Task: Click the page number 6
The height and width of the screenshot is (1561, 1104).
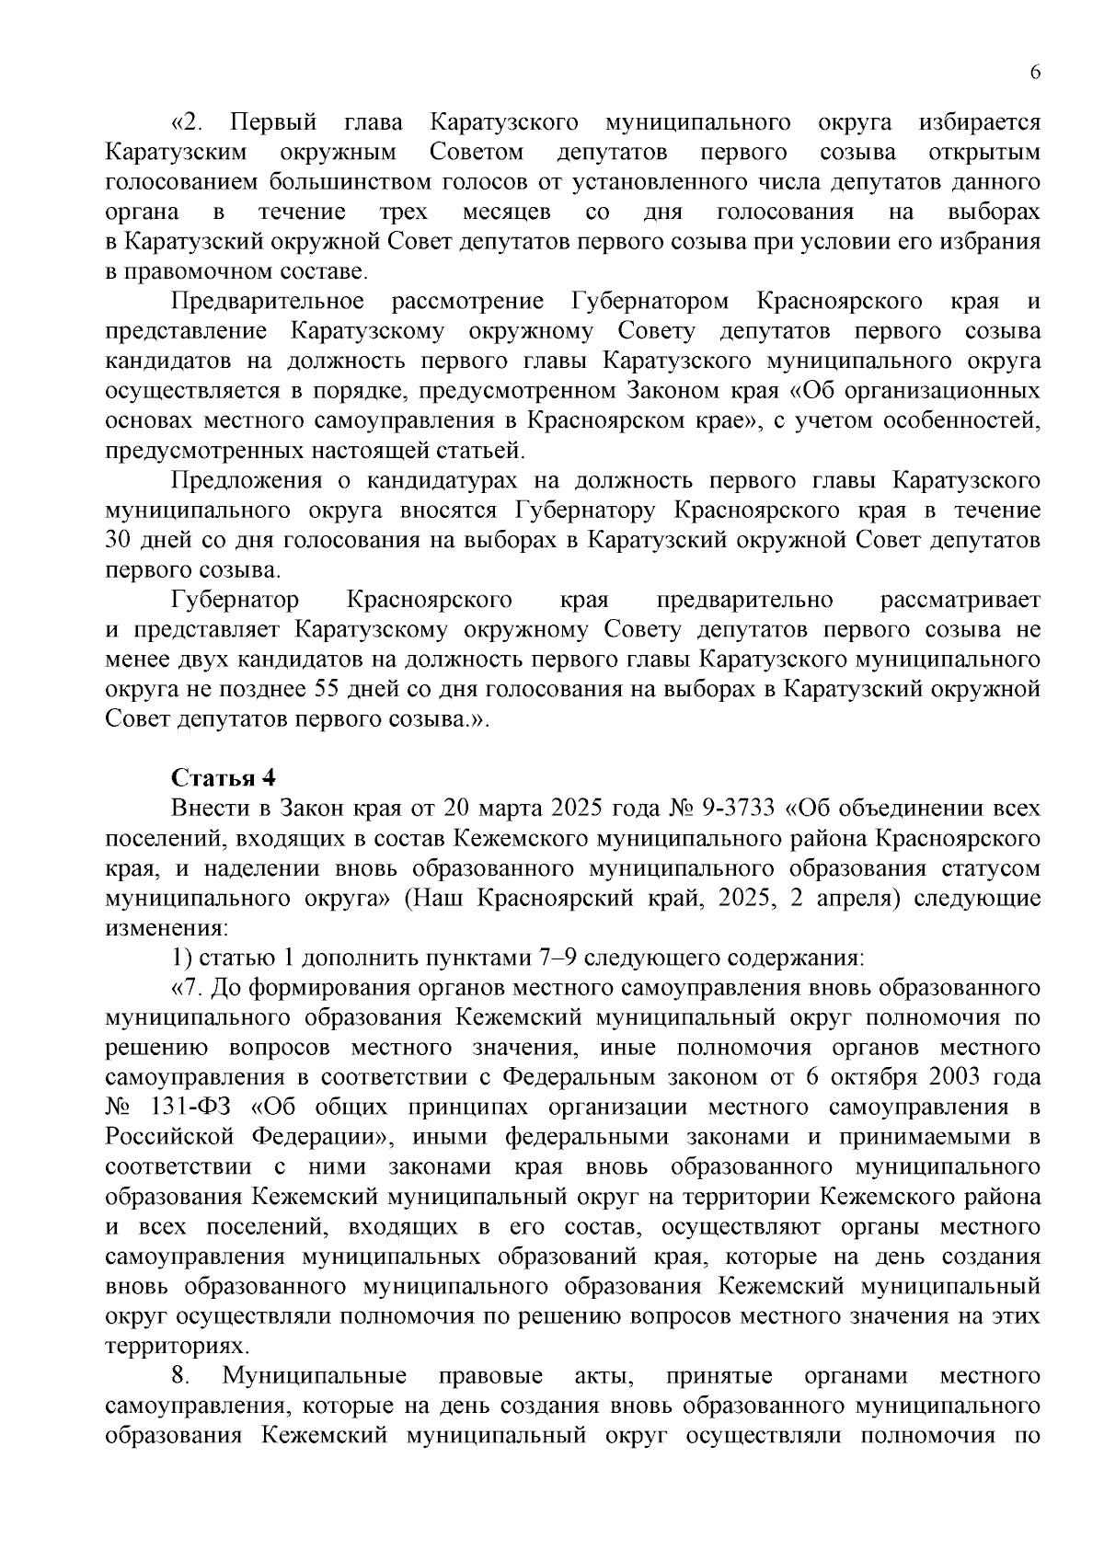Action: (1035, 75)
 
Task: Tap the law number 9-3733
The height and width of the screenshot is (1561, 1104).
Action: (739, 809)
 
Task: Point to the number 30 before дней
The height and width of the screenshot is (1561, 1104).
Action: (121, 540)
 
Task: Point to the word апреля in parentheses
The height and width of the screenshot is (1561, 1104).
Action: (855, 898)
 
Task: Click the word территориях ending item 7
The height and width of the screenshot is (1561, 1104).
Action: (164, 1346)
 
